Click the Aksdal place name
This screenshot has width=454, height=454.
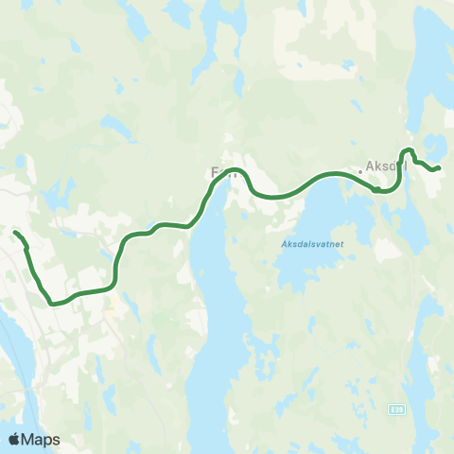(x=386, y=167)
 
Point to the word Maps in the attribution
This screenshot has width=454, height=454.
(x=41, y=439)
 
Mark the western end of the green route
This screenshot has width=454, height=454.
(x=14, y=232)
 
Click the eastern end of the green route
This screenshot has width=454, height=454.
(x=439, y=168)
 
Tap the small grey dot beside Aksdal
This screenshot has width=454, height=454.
(x=359, y=172)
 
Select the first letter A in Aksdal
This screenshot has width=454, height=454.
(x=370, y=167)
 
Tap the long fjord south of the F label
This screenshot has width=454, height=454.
(x=213, y=312)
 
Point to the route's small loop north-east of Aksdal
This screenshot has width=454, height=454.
(x=408, y=152)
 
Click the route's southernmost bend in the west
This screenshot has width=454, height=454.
(x=55, y=304)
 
